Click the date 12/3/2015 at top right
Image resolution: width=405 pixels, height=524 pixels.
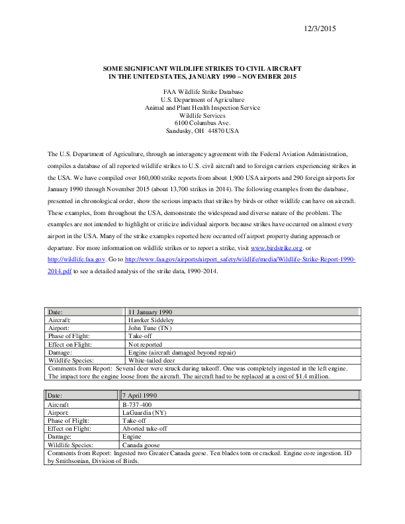coord(320,28)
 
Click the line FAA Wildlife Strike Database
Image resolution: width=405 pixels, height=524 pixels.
coord(202,92)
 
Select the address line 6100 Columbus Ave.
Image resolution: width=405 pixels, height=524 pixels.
coord(202,123)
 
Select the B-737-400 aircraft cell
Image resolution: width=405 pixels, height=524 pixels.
coord(138,404)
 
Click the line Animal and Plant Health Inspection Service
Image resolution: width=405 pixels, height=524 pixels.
coord(202,107)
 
